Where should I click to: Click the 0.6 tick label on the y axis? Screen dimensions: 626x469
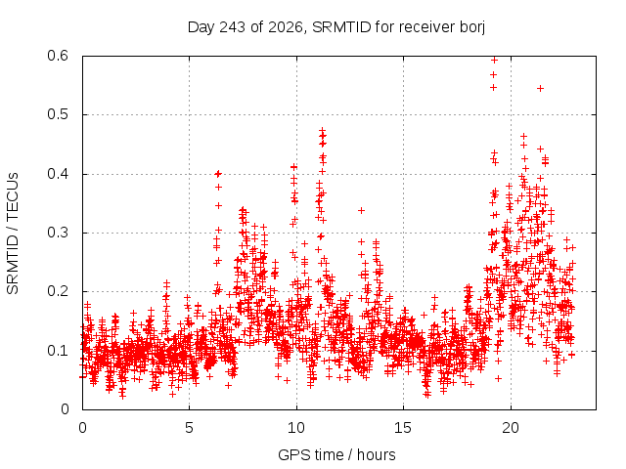[59, 56]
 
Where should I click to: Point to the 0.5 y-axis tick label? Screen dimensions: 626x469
[59, 114]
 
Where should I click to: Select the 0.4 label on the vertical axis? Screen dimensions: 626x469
[59, 174]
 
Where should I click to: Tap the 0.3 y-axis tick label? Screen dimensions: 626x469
[59, 233]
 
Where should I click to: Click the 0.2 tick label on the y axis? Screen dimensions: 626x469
[59, 291]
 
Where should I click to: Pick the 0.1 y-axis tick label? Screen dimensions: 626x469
[59, 351]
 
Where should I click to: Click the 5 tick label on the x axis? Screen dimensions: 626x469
[189, 428]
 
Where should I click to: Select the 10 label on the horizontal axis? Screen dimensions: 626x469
[296, 428]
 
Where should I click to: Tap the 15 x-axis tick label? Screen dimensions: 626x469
[403, 428]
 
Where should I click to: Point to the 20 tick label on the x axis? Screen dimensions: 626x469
[511, 428]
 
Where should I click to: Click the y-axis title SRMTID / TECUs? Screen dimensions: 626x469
[13, 234]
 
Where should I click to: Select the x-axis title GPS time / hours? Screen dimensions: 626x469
[336, 455]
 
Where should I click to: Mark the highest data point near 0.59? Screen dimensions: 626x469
[494, 61]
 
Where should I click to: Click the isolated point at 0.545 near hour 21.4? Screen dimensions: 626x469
[540, 89]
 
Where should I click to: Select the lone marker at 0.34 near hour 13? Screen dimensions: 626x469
[361, 211]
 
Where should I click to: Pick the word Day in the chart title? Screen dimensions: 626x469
[201, 27]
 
